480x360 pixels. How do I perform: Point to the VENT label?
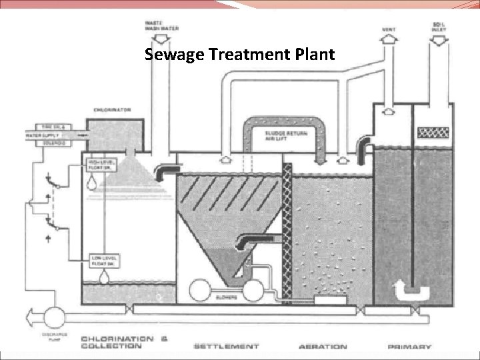[x=388, y=29]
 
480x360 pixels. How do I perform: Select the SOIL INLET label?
[x=439, y=27]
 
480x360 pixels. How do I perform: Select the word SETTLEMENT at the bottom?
[x=227, y=347]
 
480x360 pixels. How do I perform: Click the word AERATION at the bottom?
[x=323, y=347]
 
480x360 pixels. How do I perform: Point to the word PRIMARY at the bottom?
[x=409, y=347]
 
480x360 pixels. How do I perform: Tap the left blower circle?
[x=199, y=291]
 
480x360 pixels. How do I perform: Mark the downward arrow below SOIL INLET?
[x=439, y=41]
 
